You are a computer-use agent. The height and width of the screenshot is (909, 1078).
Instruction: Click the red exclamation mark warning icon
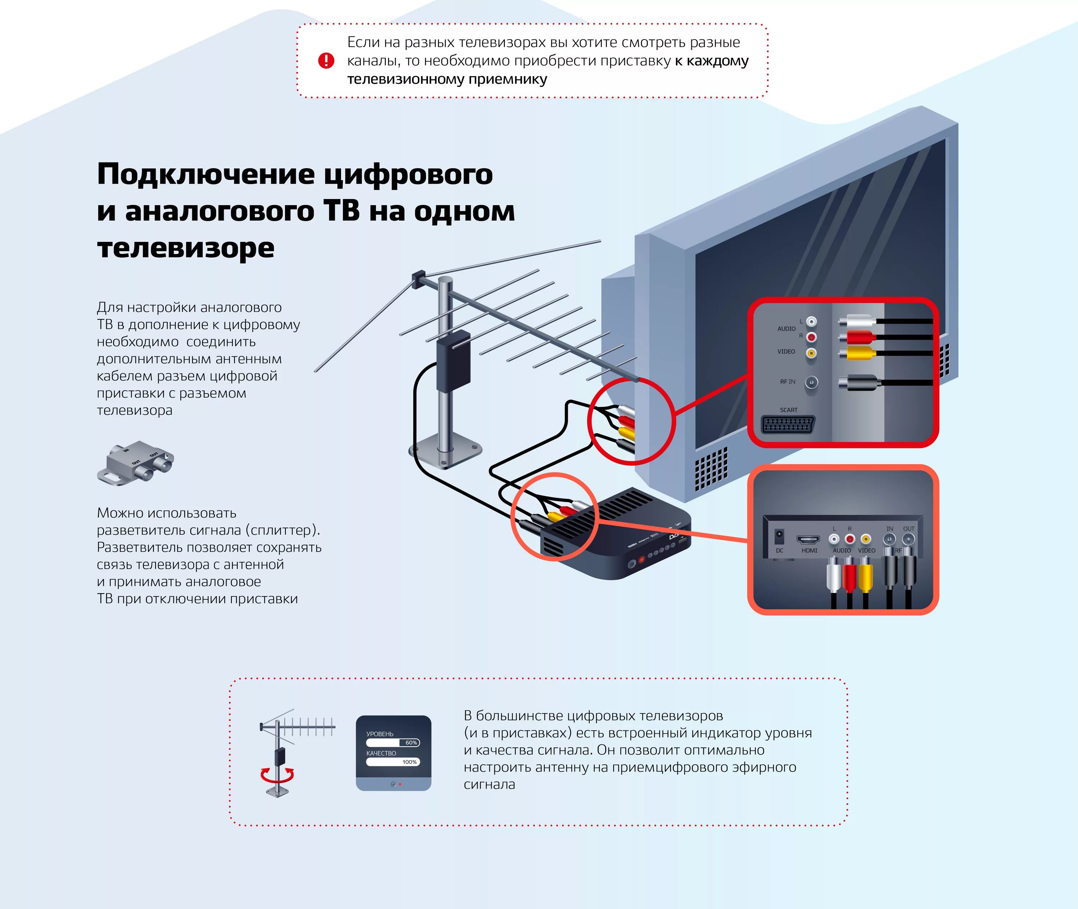pos(326,61)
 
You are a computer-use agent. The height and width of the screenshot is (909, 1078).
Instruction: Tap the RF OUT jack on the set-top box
pos(908,539)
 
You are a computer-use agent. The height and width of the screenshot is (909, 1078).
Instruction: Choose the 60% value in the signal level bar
pos(411,743)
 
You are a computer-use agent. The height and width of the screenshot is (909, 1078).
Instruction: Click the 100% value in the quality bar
pos(409,762)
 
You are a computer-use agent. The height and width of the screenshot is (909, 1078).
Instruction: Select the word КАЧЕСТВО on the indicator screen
pos(381,753)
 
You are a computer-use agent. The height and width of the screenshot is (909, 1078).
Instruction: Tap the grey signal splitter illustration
pos(135,462)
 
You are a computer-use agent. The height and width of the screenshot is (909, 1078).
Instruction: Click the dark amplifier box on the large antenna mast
pos(453,360)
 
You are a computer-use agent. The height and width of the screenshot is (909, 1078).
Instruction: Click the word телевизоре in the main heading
pos(185,248)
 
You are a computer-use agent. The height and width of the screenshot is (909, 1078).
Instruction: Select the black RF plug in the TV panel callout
pos(858,382)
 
